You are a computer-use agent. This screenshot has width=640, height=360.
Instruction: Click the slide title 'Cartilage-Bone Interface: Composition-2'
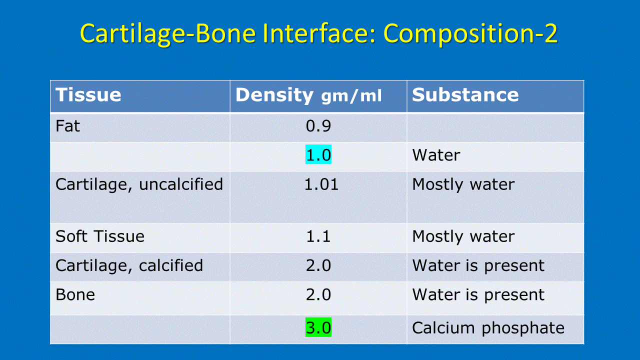(318, 33)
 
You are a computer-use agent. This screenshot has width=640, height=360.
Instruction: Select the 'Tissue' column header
(88, 95)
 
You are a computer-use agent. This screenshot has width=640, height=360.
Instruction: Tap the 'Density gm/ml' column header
(308, 95)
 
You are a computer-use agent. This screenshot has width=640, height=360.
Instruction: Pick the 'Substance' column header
(465, 95)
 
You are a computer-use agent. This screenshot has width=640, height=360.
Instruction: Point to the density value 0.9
(318, 126)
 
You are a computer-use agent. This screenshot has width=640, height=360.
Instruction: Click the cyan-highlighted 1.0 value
(318, 154)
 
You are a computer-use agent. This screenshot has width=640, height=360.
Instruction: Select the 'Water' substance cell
(436, 155)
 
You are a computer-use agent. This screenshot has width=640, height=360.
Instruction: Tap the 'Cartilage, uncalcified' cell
(139, 184)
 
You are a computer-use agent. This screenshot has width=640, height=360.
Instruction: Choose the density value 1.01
(321, 184)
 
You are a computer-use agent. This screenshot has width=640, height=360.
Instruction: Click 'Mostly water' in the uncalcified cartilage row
(463, 184)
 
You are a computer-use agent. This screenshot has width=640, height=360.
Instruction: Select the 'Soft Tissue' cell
(100, 236)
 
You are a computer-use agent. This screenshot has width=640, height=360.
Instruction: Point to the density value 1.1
(318, 236)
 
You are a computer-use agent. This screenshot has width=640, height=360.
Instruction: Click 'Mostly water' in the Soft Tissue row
(463, 237)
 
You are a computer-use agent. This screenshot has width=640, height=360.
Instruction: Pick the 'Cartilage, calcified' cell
(129, 265)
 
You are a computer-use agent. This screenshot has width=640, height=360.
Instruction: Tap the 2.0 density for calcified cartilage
(318, 265)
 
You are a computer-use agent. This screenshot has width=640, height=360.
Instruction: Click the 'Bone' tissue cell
(75, 294)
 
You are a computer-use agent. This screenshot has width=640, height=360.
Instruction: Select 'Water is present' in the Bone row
(478, 295)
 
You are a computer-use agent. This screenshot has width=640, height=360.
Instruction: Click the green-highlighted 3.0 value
(318, 327)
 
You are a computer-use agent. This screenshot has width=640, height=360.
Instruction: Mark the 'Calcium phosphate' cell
(488, 328)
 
